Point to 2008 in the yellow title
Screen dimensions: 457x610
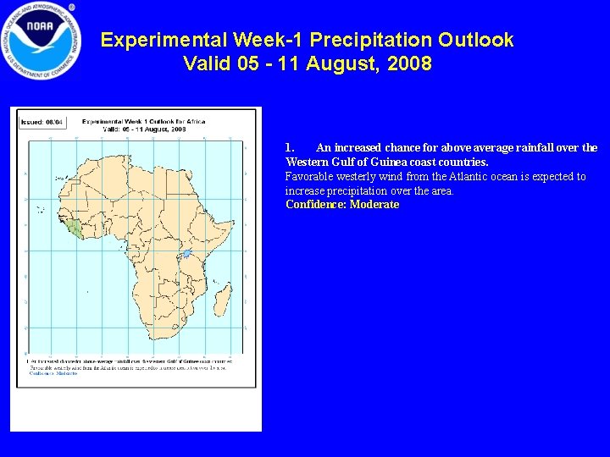(408, 64)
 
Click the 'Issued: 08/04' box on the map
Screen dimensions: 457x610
(38, 121)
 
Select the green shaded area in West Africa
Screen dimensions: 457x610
(76, 227)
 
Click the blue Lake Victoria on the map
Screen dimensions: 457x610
(186, 253)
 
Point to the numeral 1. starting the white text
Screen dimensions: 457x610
(291, 147)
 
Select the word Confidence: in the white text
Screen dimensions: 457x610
(316, 205)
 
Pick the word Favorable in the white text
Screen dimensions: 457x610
(309, 176)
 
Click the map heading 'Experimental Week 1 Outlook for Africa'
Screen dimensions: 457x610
(145, 123)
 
